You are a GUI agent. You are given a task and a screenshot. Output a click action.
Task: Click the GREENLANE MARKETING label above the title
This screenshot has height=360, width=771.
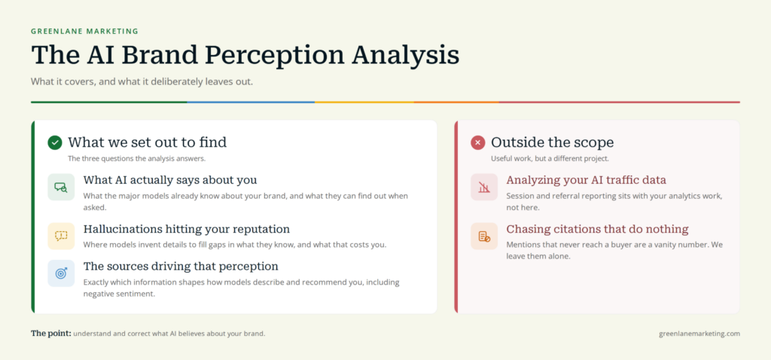pos(84,32)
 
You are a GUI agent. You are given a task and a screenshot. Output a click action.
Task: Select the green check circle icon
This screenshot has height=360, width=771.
pos(54,142)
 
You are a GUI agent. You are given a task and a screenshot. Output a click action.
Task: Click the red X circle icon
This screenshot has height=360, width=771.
pos(477,142)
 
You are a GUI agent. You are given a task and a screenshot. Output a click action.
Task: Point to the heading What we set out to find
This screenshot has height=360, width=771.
pos(147,142)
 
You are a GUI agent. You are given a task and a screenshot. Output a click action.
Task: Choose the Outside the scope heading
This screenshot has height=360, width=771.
pos(552,142)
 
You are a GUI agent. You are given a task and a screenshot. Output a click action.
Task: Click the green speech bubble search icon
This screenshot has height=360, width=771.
pos(61,187)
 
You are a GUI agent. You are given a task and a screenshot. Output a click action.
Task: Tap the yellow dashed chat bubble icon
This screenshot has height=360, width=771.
pos(61,236)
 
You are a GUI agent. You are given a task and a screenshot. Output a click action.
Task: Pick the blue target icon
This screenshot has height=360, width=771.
pos(61,273)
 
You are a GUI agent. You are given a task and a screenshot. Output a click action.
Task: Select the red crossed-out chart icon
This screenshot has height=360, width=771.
pos(484,187)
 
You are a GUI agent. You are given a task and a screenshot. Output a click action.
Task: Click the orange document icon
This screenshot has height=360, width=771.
pos(484,236)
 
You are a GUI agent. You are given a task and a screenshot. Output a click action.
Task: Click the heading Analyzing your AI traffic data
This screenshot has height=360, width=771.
pos(586,180)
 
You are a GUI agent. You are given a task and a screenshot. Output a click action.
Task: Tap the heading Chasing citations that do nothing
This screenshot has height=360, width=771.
pos(597,229)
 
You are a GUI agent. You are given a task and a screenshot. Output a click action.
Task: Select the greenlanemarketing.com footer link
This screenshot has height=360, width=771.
pos(699,334)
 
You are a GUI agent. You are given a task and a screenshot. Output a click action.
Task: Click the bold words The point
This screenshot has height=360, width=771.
pos(51,334)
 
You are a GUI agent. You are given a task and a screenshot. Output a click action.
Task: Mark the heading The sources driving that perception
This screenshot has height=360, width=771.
pos(181,267)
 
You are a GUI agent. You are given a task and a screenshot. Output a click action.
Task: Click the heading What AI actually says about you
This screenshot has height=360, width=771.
pos(170,180)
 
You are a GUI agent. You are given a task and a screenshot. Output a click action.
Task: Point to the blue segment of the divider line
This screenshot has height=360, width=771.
pos(251,102)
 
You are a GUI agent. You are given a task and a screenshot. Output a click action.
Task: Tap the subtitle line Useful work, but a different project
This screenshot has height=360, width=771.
pos(550,159)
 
